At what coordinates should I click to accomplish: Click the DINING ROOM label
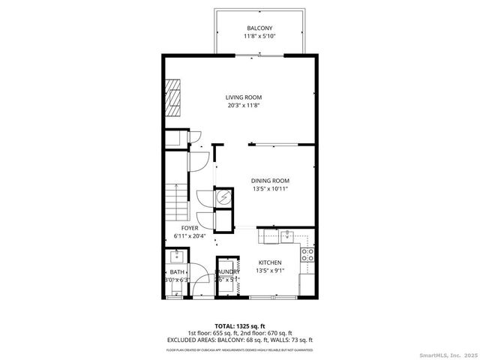point(269,181)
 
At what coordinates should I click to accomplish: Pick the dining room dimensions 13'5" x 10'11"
point(269,189)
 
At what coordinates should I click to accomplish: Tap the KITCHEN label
point(270,262)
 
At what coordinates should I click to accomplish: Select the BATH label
point(177,272)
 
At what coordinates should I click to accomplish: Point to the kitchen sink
point(286,237)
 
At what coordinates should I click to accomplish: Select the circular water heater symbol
point(224,197)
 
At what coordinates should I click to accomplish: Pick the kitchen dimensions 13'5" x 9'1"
point(270,271)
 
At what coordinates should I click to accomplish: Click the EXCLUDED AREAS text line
point(240,340)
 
